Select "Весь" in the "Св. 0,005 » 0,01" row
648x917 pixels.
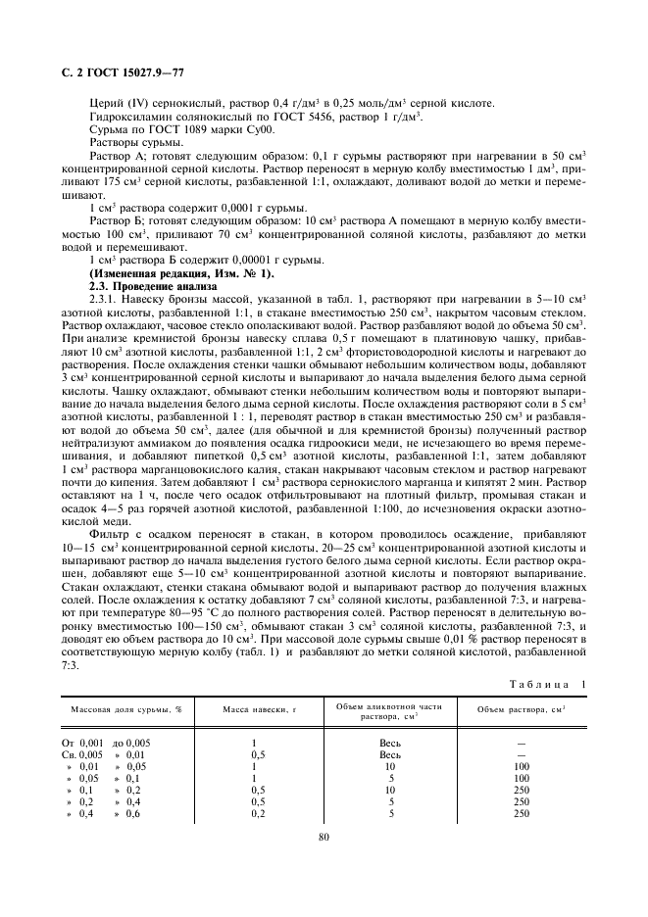click(x=390, y=755)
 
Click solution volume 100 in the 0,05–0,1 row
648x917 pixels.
click(x=522, y=779)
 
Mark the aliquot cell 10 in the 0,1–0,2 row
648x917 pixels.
click(x=390, y=791)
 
